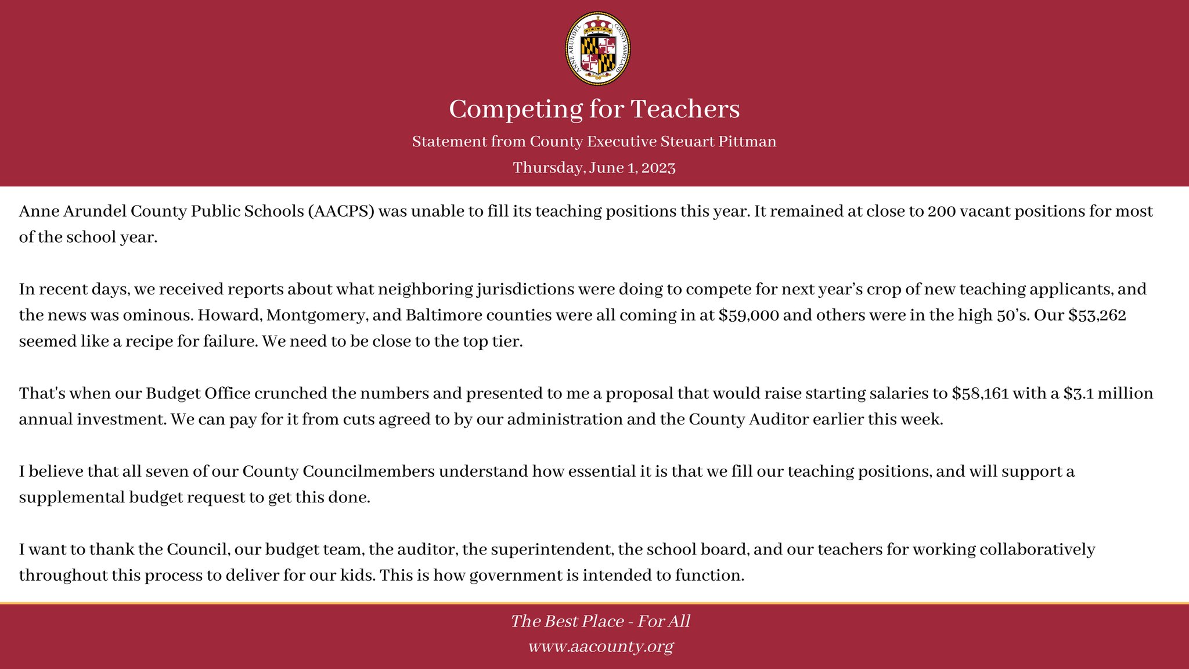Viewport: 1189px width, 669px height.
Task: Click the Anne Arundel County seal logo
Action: coord(597,49)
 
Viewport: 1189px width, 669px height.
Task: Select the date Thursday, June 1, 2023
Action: coord(594,168)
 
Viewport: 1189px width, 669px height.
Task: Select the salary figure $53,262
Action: coord(1097,315)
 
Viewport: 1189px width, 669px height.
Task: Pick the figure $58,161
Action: coord(981,394)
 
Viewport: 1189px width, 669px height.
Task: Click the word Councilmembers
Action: coord(338,472)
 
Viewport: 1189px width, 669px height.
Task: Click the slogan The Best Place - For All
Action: coord(600,621)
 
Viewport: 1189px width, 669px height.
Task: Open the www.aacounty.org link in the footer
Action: coord(600,646)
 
